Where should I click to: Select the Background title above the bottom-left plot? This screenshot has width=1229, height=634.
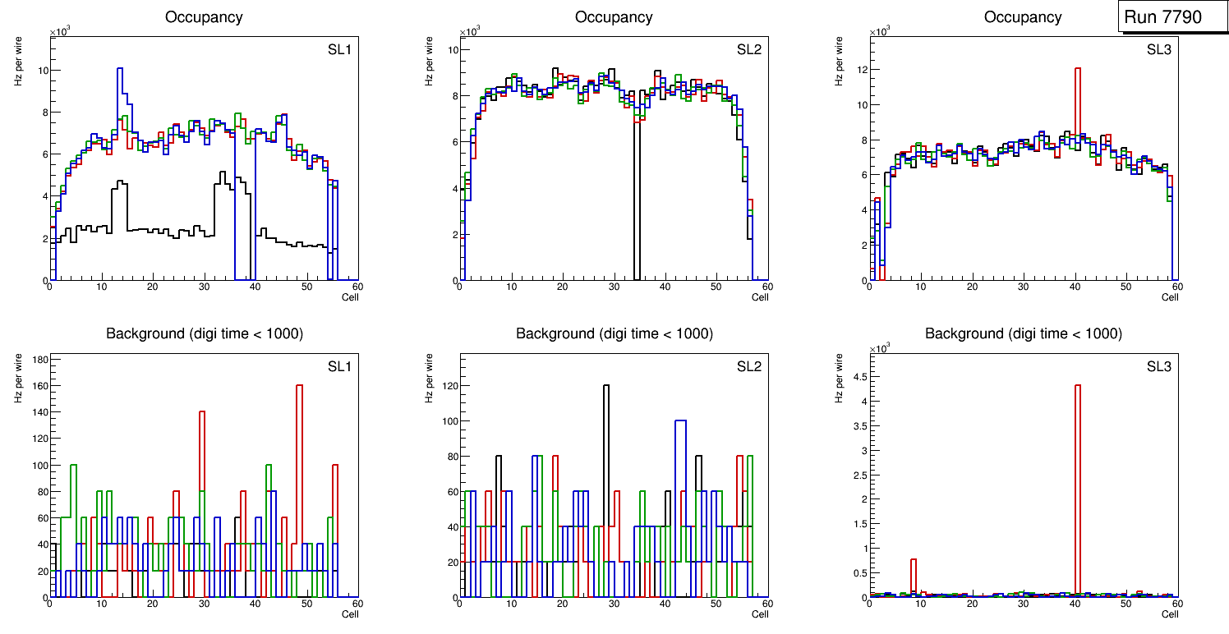(204, 333)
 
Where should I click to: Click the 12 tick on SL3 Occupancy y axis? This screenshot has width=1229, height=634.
(862, 69)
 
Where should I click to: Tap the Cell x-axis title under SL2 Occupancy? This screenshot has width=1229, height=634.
(760, 297)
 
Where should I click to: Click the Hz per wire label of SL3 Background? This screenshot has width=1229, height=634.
(839, 377)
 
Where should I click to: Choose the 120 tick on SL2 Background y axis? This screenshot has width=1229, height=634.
(446, 386)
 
